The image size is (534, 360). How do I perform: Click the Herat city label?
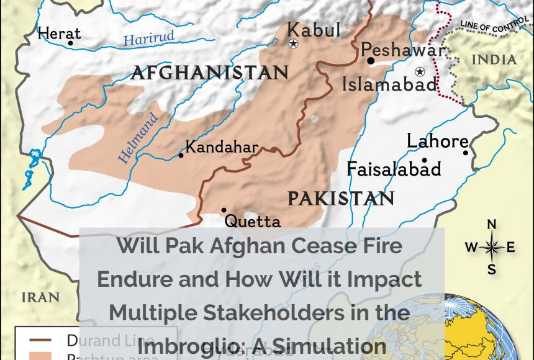pyautogui.click(x=60, y=33)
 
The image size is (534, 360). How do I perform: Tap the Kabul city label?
pyautogui.click(x=314, y=29)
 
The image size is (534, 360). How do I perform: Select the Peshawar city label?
pyautogui.click(x=403, y=50)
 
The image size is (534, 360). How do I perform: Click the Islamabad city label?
pyautogui.click(x=390, y=84)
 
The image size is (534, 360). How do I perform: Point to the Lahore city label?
pyautogui.click(x=437, y=141)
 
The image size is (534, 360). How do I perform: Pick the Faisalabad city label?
pyautogui.click(x=394, y=169)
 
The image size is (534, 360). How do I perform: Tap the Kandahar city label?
pyautogui.click(x=222, y=147)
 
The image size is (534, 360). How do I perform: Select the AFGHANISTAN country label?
pyautogui.click(x=210, y=73)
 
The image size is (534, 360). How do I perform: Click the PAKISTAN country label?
pyautogui.click(x=341, y=199)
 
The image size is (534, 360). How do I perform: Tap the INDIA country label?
pyautogui.click(x=494, y=60)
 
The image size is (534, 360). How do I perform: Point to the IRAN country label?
pyautogui.click(x=40, y=297)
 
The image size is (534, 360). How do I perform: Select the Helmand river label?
pyautogui.click(x=138, y=138)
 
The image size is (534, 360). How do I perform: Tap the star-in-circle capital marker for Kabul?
pyautogui.click(x=294, y=43)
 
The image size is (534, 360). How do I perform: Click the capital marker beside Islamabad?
pyautogui.click(x=420, y=71)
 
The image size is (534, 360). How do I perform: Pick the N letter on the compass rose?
pyautogui.click(x=491, y=224)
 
